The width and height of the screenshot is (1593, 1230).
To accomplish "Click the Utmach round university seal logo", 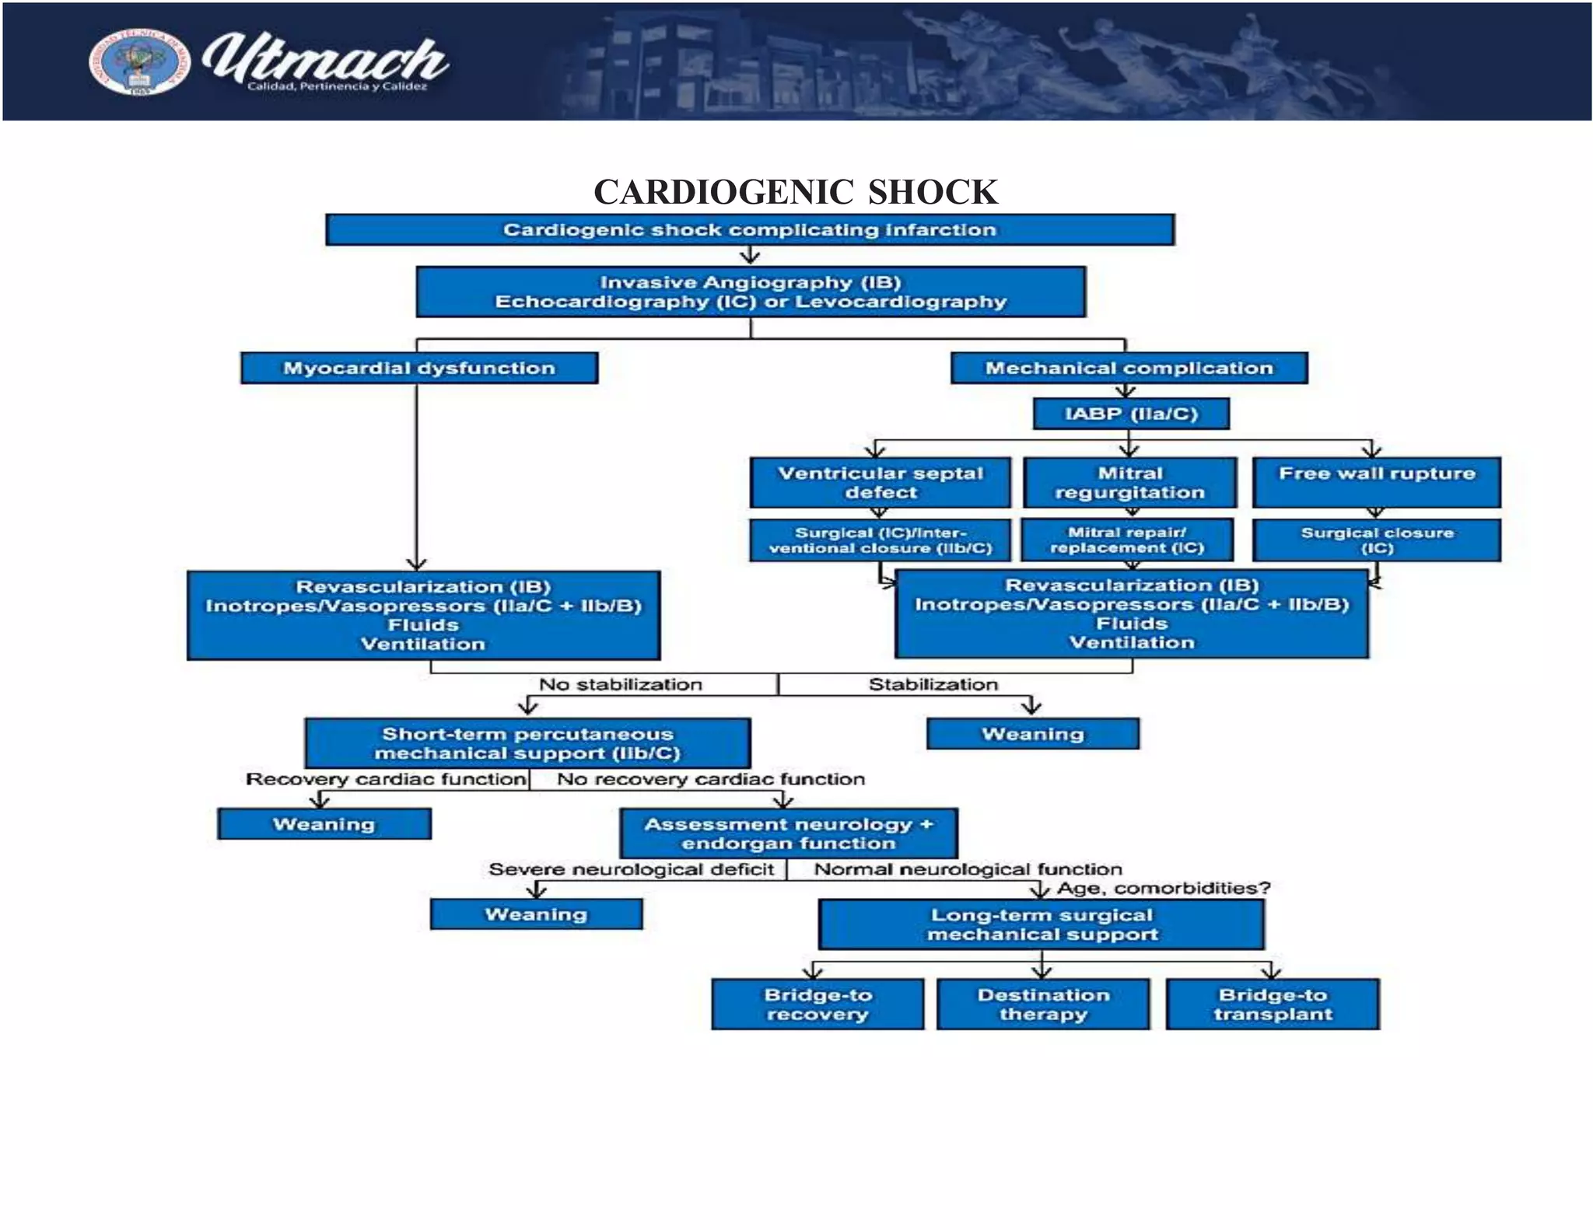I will [139, 63].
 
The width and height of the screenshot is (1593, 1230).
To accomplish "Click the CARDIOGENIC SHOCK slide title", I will [795, 192].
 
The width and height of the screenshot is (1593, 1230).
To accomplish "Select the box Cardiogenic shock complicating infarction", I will [749, 230].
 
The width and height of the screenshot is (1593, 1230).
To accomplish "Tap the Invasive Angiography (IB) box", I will [751, 292].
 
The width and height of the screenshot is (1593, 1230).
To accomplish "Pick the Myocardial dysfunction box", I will [419, 368].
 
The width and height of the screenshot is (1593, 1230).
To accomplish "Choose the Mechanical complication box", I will [1129, 368].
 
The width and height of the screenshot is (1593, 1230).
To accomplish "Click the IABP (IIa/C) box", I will [1131, 414].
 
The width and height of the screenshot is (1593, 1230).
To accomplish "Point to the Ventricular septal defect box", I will [881, 483].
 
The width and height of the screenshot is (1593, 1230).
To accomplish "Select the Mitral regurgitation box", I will [1129, 483].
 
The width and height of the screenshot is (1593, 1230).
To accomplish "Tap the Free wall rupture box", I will [1376, 482].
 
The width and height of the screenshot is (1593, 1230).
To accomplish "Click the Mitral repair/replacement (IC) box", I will [1127, 540].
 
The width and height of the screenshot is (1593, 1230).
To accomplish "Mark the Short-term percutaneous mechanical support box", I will [527, 743].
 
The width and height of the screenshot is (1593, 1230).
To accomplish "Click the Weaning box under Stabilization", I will [1032, 734].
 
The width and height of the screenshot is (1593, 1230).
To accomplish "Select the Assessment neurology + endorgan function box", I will [789, 833].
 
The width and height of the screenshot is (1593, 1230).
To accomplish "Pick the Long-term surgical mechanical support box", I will [1042, 924].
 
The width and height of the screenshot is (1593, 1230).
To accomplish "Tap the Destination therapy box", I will [1043, 1005].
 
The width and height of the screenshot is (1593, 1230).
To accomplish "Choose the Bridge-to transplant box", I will [1273, 1005].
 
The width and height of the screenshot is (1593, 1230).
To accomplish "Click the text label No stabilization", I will [620, 684].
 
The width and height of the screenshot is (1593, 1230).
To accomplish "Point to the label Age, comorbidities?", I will [1163, 888].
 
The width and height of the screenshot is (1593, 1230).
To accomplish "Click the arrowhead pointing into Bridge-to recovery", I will [813, 972].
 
